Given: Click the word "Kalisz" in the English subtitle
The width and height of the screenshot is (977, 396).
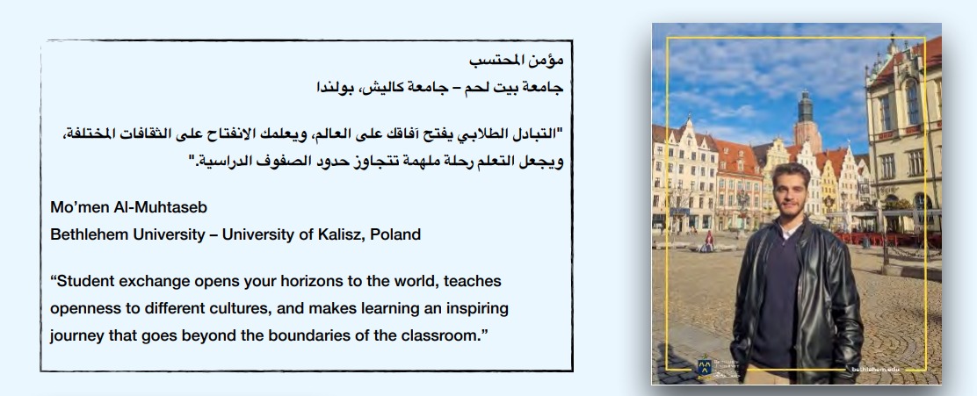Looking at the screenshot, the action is (341, 234).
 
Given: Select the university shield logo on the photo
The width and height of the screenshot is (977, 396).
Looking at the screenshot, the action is (705, 367).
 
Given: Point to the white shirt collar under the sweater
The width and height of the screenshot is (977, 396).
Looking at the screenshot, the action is (788, 232).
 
